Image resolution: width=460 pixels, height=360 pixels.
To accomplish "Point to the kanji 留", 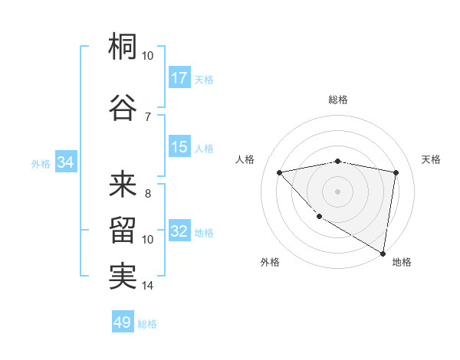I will coord(123,230).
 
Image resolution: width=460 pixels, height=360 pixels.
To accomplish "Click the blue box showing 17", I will coord(179,78).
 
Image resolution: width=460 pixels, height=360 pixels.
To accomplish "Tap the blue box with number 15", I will coord(179,147).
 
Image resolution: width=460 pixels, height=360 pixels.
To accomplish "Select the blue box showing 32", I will coord(179,231).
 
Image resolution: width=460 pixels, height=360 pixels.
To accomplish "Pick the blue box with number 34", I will coord(65,162).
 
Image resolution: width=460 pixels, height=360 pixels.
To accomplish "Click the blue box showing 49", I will coord(123,322).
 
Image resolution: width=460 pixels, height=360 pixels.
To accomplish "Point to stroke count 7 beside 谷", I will coord(148,116).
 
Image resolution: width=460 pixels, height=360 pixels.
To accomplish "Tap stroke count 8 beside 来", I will coord(148,194).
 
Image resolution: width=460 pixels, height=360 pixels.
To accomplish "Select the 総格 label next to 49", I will coord(147,324).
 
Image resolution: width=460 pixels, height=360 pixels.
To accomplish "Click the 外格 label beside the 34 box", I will coord(41,163).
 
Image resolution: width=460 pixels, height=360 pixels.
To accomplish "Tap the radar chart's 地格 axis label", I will coord(402,262).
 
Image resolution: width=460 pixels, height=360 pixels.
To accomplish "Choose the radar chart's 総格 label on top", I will coord(338,100).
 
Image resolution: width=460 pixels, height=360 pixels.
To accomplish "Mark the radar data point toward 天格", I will coord(396,172).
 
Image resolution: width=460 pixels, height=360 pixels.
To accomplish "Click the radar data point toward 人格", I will coord(280,172).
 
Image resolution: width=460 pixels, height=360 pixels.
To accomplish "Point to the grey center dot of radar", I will coord(338,191).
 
